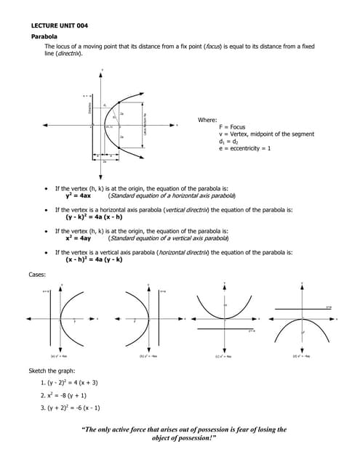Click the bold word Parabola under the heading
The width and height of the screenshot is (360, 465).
(44, 36)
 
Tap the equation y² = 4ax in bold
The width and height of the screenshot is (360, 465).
(78, 195)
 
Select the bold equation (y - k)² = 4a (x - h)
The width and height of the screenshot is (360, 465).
(94, 217)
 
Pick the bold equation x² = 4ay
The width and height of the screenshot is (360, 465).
(78, 238)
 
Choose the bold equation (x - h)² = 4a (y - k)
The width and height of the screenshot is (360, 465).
(94, 259)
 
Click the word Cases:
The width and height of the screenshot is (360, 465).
(38, 274)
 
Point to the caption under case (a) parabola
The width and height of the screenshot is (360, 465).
(59, 356)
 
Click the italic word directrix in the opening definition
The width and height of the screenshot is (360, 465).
(70, 53)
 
